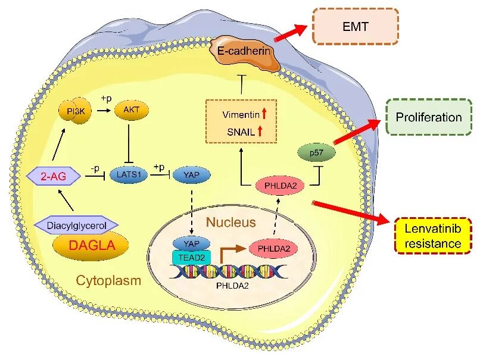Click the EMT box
(x=355, y=27)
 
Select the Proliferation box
(x=429, y=117)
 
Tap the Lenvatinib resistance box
(x=433, y=236)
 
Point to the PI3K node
(x=76, y=111)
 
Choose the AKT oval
(x=132, y=110)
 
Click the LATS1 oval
(x=129, y=175)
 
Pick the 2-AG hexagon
(x=54, y=176)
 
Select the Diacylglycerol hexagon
(x=76, y=226)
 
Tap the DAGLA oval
(x=91, y=245)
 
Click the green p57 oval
(x=316, y=152)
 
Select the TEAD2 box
(x=192, y=258)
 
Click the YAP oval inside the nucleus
(x=192, y=244)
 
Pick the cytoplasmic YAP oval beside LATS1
(x=192, y=175)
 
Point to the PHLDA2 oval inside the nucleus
(x=274, y=248)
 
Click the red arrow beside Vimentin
(x=264, y=114)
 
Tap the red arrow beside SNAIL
(x=260, y=132)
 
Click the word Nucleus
(x=231, y=222)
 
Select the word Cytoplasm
(x=108, y=280)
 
